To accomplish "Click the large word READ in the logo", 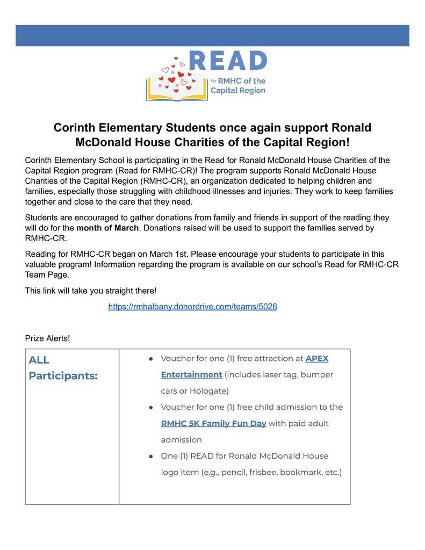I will [228, 61].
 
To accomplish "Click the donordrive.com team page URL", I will [192, 307].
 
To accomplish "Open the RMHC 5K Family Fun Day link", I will [213, 423].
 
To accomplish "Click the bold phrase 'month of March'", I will [107, 228].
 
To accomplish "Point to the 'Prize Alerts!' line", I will [47, 338].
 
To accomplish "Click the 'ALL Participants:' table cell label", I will [63, 367].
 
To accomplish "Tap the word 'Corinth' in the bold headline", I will [75, 128].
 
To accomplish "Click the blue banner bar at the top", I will [212, 35].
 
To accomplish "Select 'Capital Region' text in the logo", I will [237, 91].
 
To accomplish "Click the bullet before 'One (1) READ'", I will [152, 456].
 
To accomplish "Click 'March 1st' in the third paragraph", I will [165, 254].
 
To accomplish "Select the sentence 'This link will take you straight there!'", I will [91, 291].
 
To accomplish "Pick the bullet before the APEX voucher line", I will [152, 358].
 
